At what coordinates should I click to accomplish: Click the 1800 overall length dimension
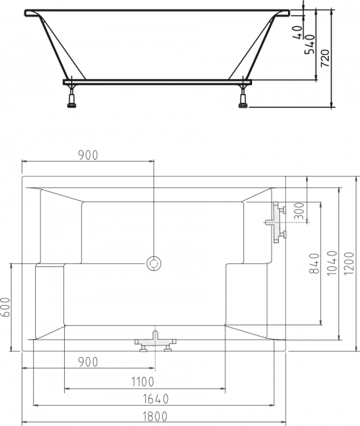pos(155,416)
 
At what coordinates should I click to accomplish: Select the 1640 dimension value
pos(156,399)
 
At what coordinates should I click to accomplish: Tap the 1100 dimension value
pos(143,382)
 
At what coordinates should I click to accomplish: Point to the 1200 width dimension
pos(349,263)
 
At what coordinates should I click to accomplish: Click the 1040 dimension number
pos(332,263)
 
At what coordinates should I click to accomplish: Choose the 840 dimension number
pos(315,263)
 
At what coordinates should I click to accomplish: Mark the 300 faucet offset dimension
pos(299,211)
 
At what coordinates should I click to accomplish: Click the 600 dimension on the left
pos(5,307)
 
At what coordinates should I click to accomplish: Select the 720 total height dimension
pos(325,58)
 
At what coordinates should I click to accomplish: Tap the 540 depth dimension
pos(310,45)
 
